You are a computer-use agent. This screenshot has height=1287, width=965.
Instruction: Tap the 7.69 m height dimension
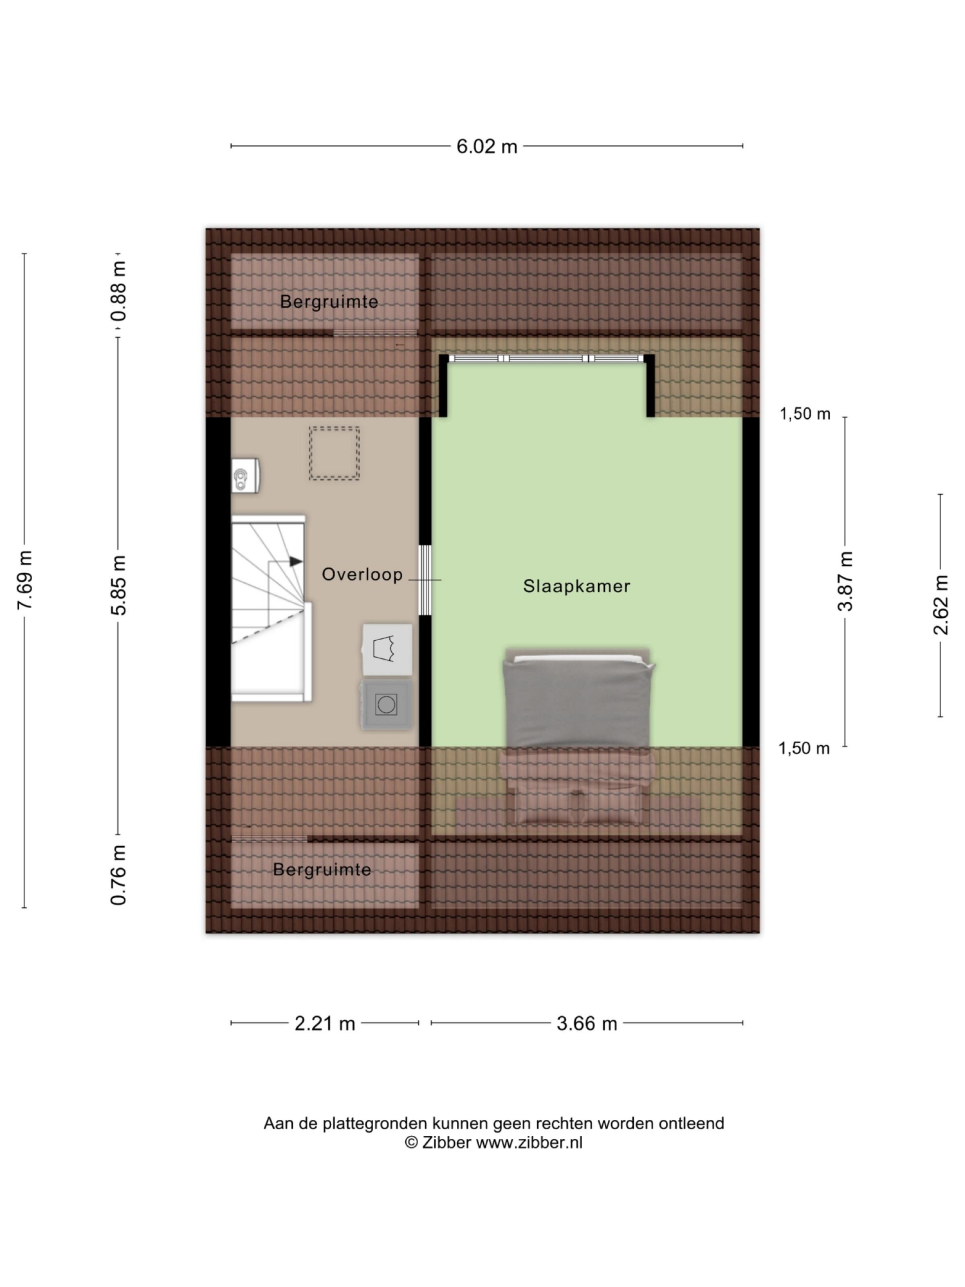click(25, 580)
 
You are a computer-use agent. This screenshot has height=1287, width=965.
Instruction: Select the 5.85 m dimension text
click(119, 584)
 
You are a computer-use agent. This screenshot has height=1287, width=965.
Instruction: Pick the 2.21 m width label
click(324, 1024)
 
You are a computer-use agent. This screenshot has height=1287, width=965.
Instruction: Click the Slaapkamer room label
click(577, 586)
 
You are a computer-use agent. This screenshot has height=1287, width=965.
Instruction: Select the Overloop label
click(362, 575)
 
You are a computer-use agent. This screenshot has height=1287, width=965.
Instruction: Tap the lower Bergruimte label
click(322, 870)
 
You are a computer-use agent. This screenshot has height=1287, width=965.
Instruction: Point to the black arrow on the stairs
click(296, 561)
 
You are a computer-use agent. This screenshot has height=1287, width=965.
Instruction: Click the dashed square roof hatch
click(334, 453)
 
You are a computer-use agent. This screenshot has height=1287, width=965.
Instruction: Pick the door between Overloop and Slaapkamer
click(425, 580)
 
